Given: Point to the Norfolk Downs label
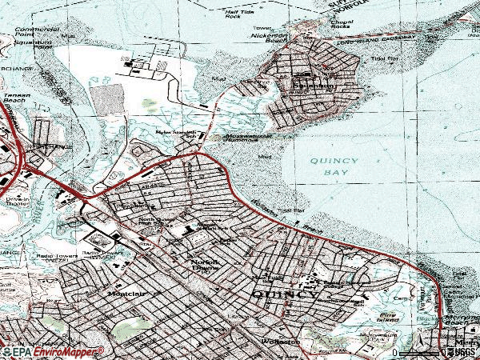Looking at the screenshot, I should click(x=205, y=266).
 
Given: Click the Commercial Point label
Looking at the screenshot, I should click(x=36, y=32).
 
